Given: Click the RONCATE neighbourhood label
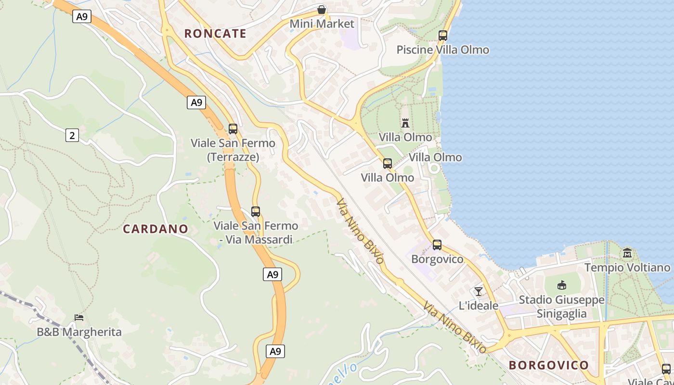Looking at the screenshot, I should [215, 34].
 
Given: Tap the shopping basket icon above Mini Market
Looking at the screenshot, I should [322, 10].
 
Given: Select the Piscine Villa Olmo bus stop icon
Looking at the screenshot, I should [443, 35].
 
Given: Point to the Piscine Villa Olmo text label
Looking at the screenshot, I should [442, 50].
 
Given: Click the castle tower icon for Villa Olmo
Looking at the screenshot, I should [405, 123].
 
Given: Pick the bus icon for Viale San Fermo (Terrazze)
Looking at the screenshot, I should [233, 128].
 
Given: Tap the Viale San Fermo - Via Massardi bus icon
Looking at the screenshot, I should [256, 211].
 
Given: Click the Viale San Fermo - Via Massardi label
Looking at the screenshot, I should [256, 232].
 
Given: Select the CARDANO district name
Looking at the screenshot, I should [155, 229].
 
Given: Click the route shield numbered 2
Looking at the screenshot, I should [72, 135].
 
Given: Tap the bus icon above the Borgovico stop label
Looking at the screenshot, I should [437, 245].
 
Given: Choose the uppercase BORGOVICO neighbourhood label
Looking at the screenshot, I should [548, 365].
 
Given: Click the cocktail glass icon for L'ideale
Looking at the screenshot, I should [478, 291].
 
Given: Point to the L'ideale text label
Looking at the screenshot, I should [478, 306].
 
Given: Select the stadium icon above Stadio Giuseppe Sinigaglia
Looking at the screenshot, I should [561, 285].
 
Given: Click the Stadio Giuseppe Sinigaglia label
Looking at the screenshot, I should [561, 307].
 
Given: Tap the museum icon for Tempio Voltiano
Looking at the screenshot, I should [627, 253].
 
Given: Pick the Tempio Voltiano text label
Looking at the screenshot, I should [627, 268].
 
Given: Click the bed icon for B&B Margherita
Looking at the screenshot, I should [79, 317].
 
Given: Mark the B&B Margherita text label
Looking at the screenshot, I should [79, 332].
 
